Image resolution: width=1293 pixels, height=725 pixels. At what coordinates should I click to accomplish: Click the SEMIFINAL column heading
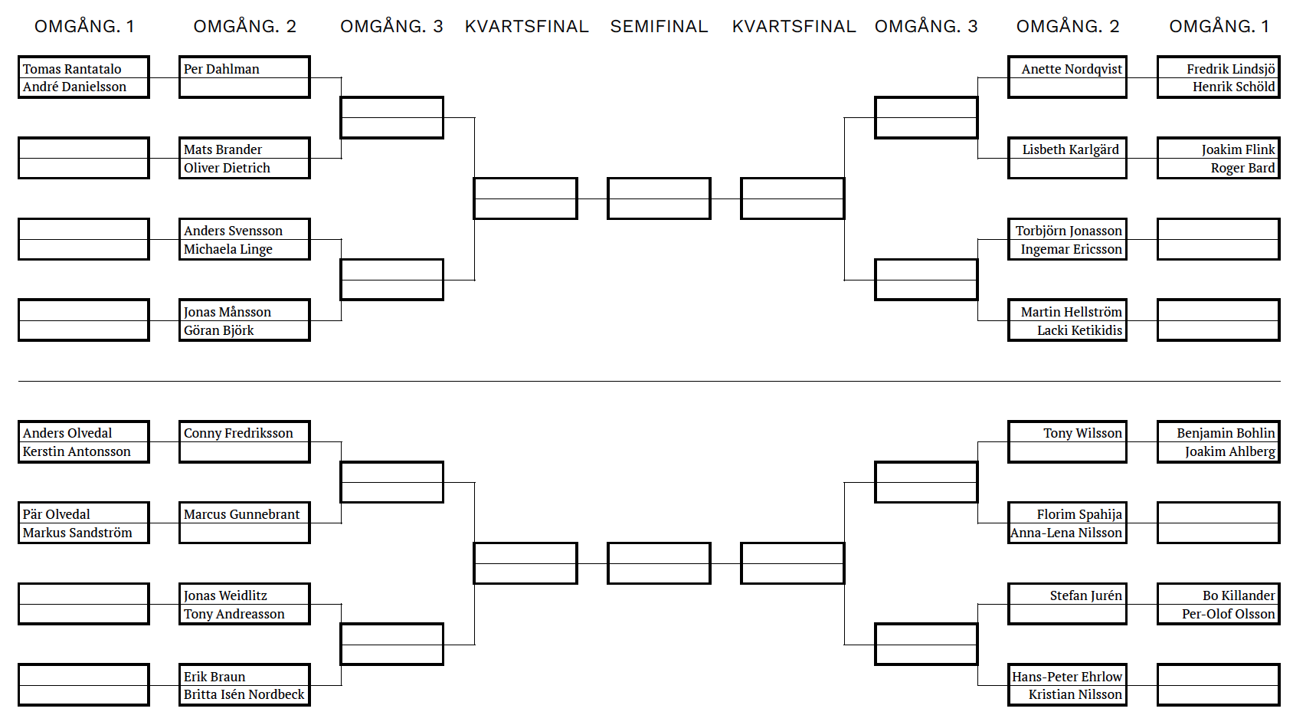[x=659, y=27]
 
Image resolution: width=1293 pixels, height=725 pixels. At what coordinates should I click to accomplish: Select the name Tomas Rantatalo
[x=72, y=69]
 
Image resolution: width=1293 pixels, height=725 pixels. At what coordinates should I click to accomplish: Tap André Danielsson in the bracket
[x=74, y=87]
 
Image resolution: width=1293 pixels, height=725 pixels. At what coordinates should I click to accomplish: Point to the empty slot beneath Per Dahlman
[x=244, y=87]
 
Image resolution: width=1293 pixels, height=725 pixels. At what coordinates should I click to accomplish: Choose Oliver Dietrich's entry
[x=227, y=168]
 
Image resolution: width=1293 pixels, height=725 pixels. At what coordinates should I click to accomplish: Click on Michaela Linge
[x=228, y=249]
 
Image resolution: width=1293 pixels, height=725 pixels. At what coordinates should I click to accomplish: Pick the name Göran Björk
[x=219, y=330]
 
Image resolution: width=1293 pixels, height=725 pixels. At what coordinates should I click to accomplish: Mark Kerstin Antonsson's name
[x=77, y=451]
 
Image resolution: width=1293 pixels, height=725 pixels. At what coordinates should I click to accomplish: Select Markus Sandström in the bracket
[x=77, y=533]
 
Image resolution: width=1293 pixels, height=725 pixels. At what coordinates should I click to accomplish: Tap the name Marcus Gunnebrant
[x=242, y=514]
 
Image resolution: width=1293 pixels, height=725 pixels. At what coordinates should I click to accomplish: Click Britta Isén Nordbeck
[x=244, y=694]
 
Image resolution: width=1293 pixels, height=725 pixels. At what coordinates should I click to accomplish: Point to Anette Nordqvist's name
[x=1072, y=69]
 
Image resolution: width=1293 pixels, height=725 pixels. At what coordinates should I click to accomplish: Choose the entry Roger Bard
[x=1242, y=168]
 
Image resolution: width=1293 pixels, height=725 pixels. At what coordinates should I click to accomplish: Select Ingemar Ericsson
[x=1072, y=249]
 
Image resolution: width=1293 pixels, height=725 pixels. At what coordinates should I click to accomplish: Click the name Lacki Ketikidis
[x=1080, y=330]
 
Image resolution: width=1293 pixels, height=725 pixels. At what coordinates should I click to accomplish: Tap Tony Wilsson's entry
[x=1083, y=433]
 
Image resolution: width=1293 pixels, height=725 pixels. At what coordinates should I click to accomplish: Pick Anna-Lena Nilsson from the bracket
[x=1066, y=533]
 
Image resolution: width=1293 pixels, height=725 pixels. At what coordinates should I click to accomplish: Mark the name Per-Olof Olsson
[x=1229, y=614]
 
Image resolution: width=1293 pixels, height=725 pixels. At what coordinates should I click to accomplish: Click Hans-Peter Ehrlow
[x=1067, y=677]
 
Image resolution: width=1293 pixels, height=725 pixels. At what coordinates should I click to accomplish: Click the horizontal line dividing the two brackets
[x=650, y=381]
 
